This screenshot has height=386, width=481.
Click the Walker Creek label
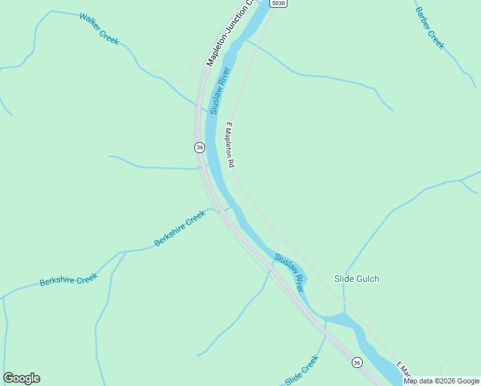pyautogui.click(x=99, y=28)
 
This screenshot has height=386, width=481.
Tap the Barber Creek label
pyautogui.click(x=429, y=28)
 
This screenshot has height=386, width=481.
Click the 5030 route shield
pyautogui.click(x=278, y=3)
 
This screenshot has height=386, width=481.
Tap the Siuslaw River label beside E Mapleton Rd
pyautogui.click(x=219, y=91)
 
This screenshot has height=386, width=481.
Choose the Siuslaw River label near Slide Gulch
pyautogui.click(x=289, y=273)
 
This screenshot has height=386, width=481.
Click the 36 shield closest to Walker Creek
pyautogui.click(x=199, y=147)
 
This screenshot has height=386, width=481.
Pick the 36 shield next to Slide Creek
pyautogui.click(x=357, y=363)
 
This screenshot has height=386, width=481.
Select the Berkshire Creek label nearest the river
pyautogui.click(x=179, y=228)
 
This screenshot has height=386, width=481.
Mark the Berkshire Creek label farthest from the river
pyautogui.click(x=68, y=280)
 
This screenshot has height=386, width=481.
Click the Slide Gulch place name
pyautogui.click(x=357, y=279)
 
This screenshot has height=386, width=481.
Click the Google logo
pyautogui.click(x=21, y=378)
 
